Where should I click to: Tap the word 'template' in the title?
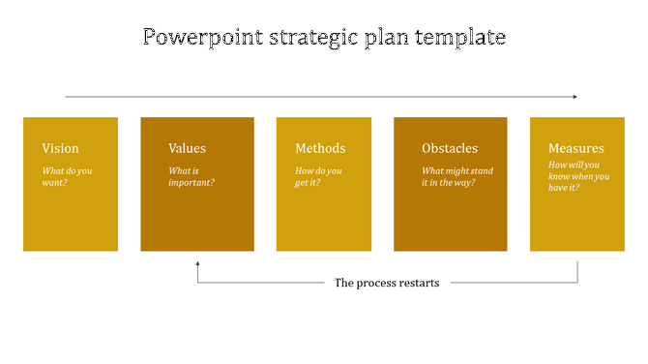point(457,38)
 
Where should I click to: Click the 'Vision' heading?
point(60,148)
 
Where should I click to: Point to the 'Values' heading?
point(187,148)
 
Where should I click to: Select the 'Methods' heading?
point(320,148)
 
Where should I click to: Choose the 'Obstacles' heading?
point(450,148)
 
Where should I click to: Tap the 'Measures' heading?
point(576,148)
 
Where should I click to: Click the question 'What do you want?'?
point(68,176)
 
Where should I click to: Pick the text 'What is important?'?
point(191,176)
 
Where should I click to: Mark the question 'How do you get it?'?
point(320,176)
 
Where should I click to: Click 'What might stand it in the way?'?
point(457,176)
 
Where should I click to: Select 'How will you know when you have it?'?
point(578,176)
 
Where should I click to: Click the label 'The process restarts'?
point(387,283)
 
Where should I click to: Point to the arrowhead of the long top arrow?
point(574,97)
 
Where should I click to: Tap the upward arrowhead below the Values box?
point(197,263)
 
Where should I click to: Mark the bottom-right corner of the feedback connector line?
point(578,283)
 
